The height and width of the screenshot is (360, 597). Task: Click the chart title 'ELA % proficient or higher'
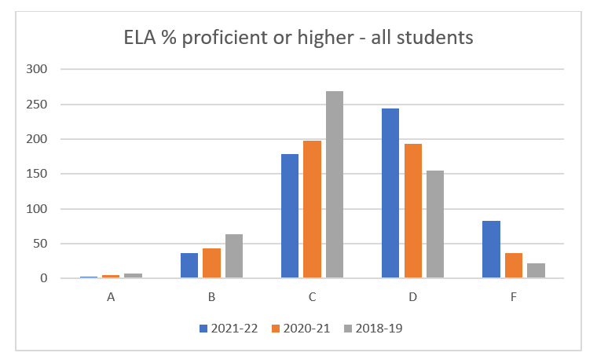coord(298,37)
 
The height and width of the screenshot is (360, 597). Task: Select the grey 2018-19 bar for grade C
coord(335,185)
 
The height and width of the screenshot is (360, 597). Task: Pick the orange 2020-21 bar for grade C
coord(312,209)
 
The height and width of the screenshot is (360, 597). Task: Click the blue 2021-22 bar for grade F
coord(491,250)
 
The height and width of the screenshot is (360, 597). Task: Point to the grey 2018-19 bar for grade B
coord(234,256)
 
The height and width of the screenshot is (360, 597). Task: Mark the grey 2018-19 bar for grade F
coord(536,270)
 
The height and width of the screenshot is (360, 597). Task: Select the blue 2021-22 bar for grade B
coord(189,266)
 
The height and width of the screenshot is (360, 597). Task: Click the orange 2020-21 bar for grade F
coord(514,266)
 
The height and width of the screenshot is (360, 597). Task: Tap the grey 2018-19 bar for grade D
coord(435,224)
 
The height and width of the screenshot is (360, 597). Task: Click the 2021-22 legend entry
coord(228,329)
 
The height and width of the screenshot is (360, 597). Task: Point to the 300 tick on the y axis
coord(38,69)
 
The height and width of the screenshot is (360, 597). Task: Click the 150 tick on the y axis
coord(38,174)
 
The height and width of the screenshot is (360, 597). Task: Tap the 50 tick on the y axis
coord(41,244)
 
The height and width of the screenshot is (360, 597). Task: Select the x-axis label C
coord(312,298)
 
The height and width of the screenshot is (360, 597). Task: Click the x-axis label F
coord(513,298)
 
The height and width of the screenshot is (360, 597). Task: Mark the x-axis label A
coord(111,298)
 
